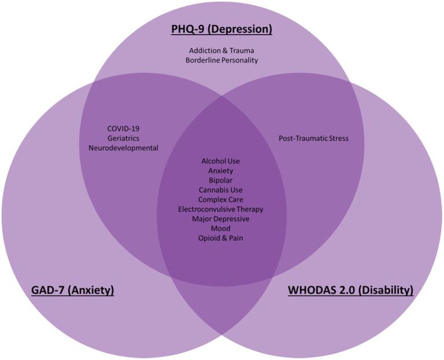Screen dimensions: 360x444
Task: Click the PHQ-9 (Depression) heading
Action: (222, 29)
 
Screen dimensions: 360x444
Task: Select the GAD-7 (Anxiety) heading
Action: (72, 289)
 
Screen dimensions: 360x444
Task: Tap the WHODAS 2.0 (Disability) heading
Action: (351, 289)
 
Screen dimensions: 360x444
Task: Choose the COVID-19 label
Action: (123, 128)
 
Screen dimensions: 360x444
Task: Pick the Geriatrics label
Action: (123, 138)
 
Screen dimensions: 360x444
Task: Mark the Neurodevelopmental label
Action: (123, 148)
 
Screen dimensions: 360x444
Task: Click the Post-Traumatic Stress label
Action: (314, 138)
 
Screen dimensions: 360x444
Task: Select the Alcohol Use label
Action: (221, 161)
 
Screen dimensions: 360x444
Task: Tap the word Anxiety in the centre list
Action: (221, 171)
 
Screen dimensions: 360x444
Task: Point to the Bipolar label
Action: (221, 180)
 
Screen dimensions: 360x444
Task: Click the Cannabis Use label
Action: (221, 190)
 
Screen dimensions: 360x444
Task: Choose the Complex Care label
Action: (221, 200)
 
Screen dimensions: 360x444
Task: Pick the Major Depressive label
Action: (221, 219)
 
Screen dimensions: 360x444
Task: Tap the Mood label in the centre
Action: (221, 228)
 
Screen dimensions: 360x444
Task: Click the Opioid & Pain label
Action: (221, 238)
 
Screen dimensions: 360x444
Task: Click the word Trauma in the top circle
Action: (241, 50)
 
